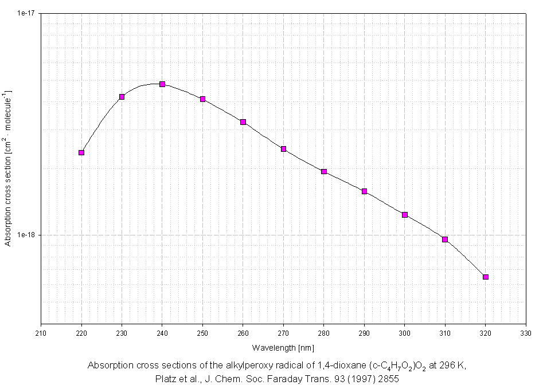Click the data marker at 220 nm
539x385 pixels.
[81, 152]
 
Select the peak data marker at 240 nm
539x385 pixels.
[162, 84]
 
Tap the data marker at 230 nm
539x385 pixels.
[122, 97]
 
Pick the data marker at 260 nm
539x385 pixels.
[243, 122]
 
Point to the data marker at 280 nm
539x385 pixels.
[324, 171]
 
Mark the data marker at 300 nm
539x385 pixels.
[405, 215]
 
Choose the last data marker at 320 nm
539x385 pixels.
[486, 277]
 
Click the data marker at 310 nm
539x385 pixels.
[445, 239]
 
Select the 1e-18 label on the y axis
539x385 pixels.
[27, 235]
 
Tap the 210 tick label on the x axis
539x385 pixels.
[41, 333]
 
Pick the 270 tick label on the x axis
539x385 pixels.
[283, 333]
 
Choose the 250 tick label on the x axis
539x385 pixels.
[202, 333]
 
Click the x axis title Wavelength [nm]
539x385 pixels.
[283, 348]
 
